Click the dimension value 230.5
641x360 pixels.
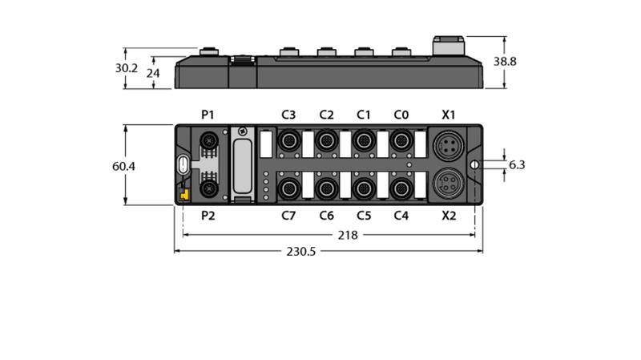(x=301, y=251)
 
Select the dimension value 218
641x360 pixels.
(x=348, y=235)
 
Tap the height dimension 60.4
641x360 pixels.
(x=123, y=167)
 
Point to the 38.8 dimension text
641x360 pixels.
(x=505, y=62)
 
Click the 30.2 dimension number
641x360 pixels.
(x=127, y=68)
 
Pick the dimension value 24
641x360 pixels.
(x=153, y=73)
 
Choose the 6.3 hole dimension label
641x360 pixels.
(x=517, y=165)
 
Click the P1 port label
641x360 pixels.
(x=208, y=115)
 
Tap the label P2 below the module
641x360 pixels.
(x=208, y=216)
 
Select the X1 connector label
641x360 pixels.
(x=449, y=115)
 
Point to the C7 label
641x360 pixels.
(x=288, y=216)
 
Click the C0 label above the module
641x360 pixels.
(x=401, y=115)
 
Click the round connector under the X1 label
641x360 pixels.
(x=449, y=145)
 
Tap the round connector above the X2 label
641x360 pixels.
(x=449, y=184)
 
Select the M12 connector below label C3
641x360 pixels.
(x=289, y=141)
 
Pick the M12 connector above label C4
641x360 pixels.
(x=401, y=189)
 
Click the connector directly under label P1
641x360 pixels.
(x=209, y=141)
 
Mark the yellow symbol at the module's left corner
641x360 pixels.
(x=185, y=194)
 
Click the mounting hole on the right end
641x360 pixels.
(x=474, y=164)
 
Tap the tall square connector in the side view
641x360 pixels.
(x=449, y=46)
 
